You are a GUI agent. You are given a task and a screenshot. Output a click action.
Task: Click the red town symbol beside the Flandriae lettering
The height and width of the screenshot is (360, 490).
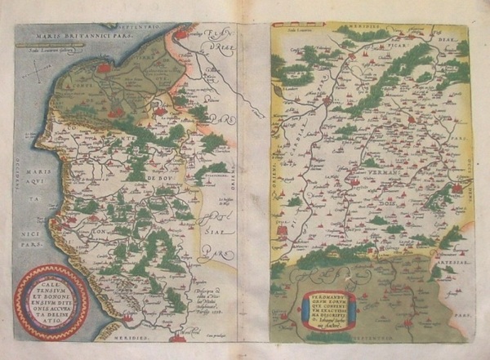180,34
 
